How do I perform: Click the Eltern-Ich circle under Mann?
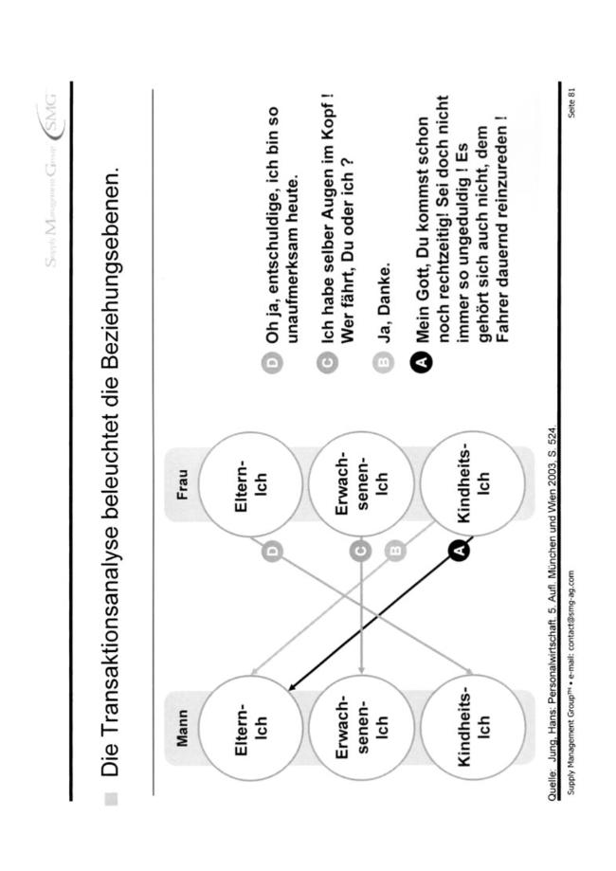click(250, 728)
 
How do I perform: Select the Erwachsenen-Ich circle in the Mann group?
click(361, 728)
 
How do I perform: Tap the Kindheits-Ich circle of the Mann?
click(473, 728)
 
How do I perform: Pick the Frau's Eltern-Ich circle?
click(250, 483)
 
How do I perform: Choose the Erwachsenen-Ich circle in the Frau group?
click(361, 483)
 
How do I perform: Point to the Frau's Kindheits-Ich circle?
click(473, 483)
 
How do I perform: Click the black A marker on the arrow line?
click(459, 550)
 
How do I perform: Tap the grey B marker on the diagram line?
click(395, 551)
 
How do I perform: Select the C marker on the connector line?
click(360, 551)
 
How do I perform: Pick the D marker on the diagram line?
click(272, 551)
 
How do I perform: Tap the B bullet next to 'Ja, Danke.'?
click(383, 362)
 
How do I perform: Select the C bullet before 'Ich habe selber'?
click(328, 362)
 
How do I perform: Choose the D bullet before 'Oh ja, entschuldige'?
click(272, 362)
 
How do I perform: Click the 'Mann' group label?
click(182, 728)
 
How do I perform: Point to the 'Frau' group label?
click(182, 484)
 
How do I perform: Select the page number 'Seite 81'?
click(572, 102)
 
